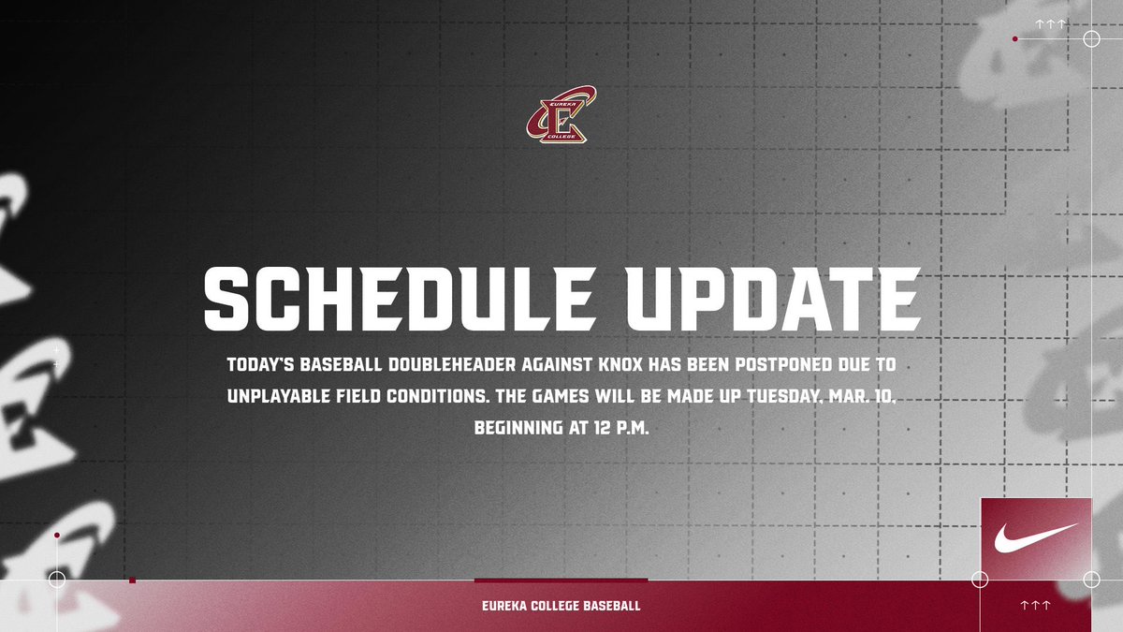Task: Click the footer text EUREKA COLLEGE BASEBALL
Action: tap(561, 606)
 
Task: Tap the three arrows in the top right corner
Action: tap(1050, 23)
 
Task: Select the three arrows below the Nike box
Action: tap(1035, 606)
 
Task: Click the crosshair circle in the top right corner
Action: tap(1090, 38)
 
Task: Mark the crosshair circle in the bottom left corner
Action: tap(57, 580)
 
